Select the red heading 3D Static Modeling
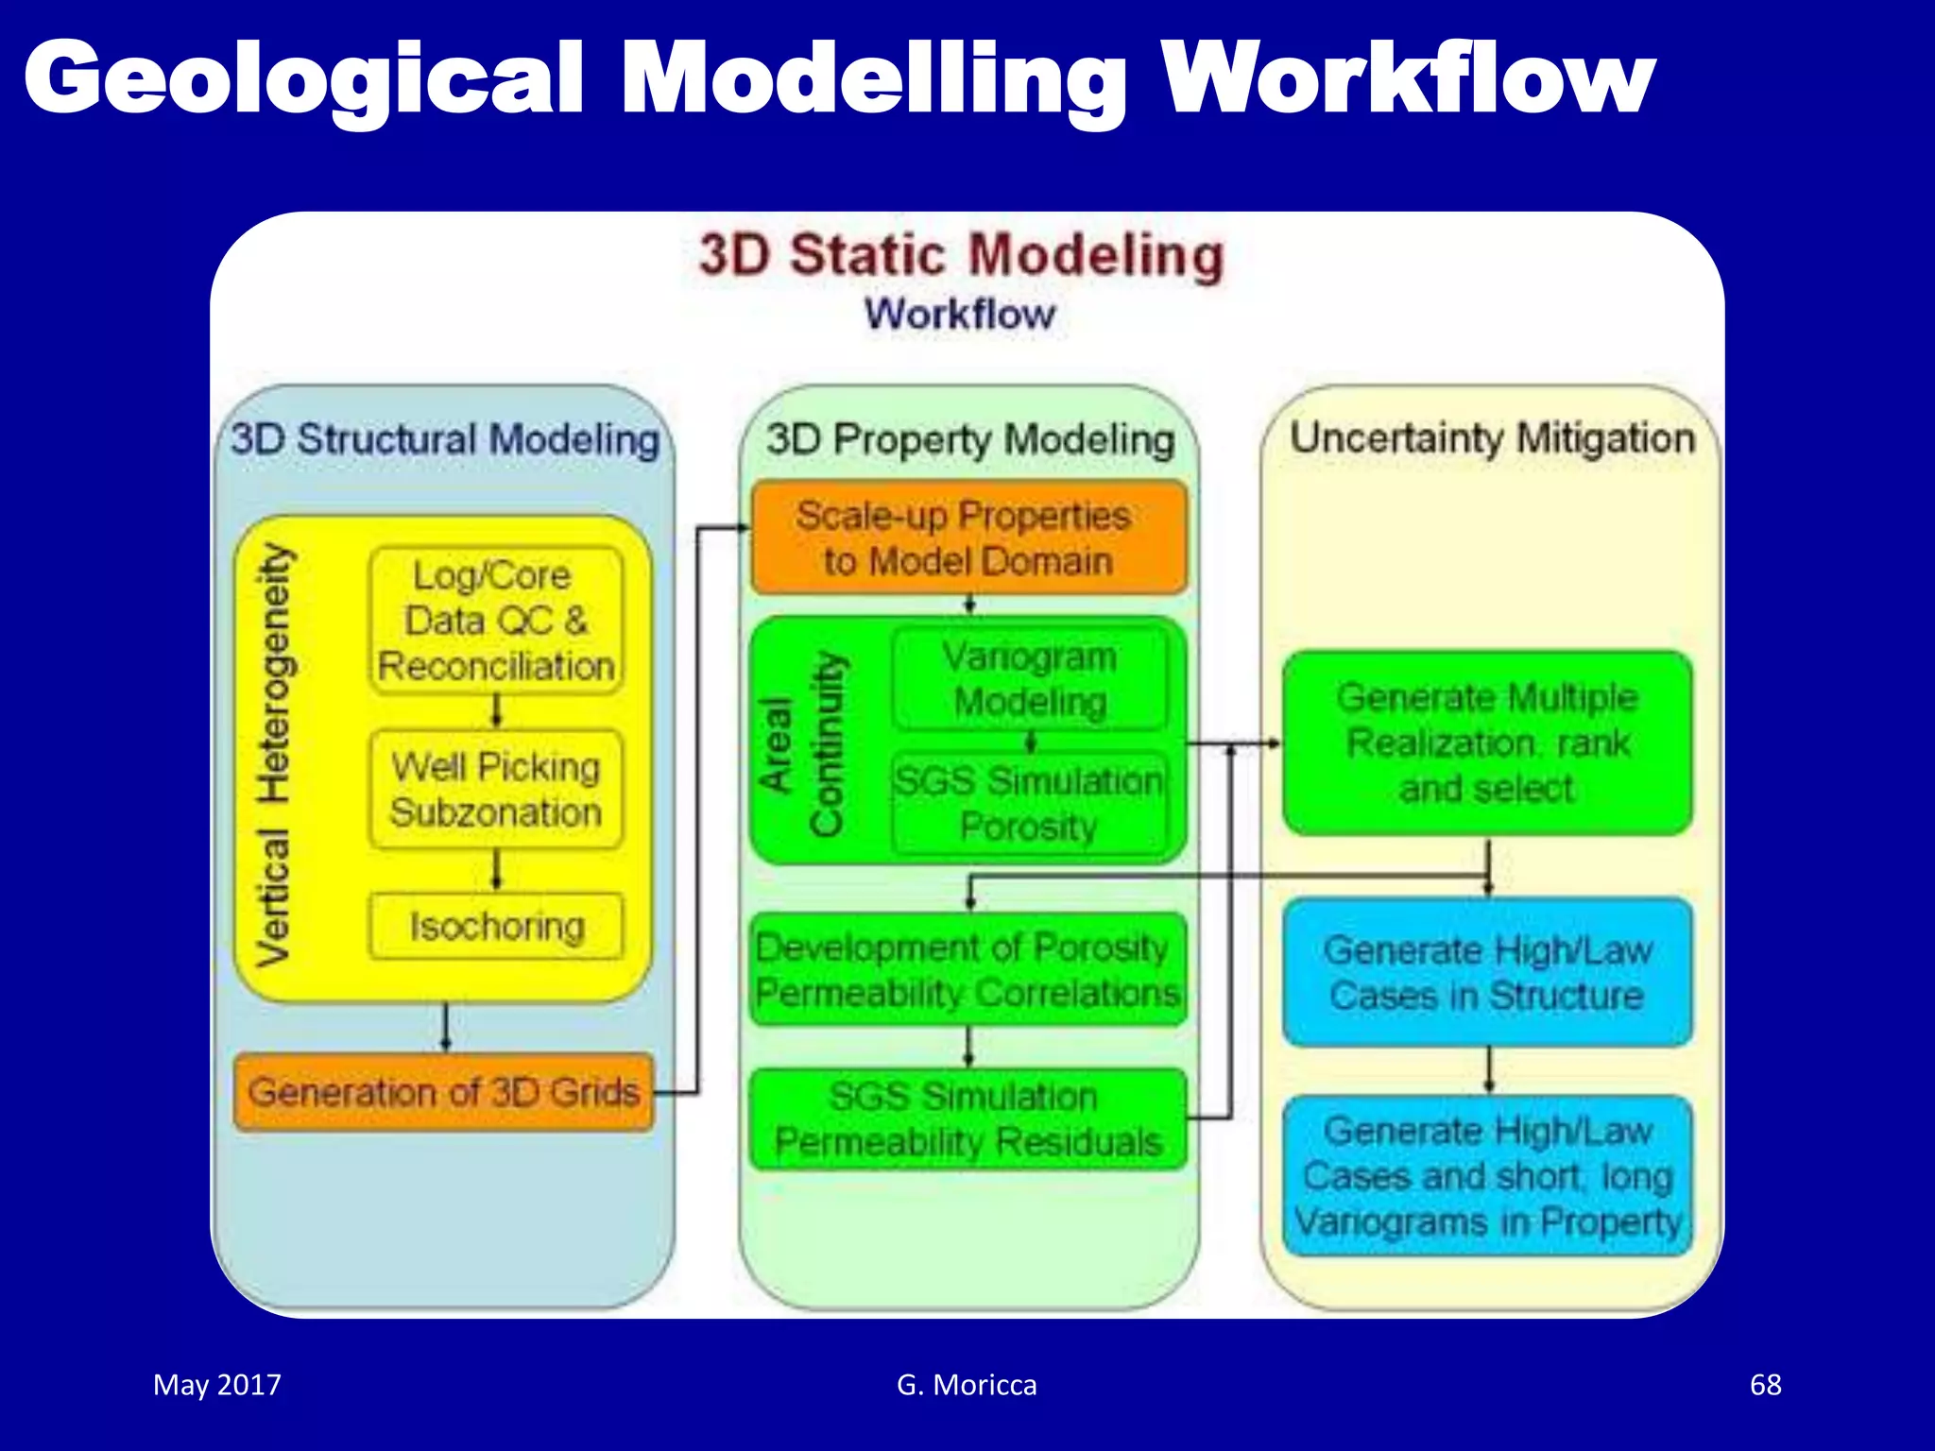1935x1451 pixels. (x=961, y=256)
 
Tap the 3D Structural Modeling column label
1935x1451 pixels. (x=444, y=439)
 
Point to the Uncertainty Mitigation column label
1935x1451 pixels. (x=1492, y=438)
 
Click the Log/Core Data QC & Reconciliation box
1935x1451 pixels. (x=496, y=621)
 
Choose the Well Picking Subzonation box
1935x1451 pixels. (x=496, y=790)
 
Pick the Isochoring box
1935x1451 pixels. (x=496, y=927)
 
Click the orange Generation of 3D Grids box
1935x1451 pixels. (x=443, y=1092)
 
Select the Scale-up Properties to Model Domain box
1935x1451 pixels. (x=967, y=538)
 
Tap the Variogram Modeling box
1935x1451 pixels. (x=1030, y=679)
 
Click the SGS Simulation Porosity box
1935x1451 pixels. (x=1029, y=804)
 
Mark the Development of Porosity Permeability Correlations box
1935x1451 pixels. (x=967, y=970)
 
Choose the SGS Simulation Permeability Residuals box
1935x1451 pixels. (x=967, y=1119)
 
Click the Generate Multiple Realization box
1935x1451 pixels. (x=1487, y=743)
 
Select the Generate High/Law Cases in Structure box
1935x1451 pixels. (x=1487, y=973)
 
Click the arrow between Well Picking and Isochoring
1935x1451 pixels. (x=496, y=870)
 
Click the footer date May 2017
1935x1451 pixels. (x=217, y=1385)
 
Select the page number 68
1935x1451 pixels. (x=1765, y=1385)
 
